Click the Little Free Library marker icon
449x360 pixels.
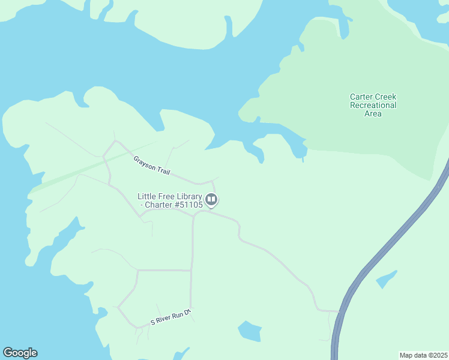click(x=211, y=199)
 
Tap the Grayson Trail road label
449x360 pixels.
click(x=151, y=165)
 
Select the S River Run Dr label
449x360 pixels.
click(x=170, y=317)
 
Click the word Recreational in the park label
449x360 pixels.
click(x=373, y=105)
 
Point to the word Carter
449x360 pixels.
click(x=361, y=97)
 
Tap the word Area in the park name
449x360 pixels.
click(x=373, y=113)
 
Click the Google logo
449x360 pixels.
click(x=20, y=353)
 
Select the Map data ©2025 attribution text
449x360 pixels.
click(x=423, y=355)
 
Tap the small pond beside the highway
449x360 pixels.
click(x=386, y=279)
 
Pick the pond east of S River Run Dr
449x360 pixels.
click(x=250, y=331)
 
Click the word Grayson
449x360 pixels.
click(x=144, y=161)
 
